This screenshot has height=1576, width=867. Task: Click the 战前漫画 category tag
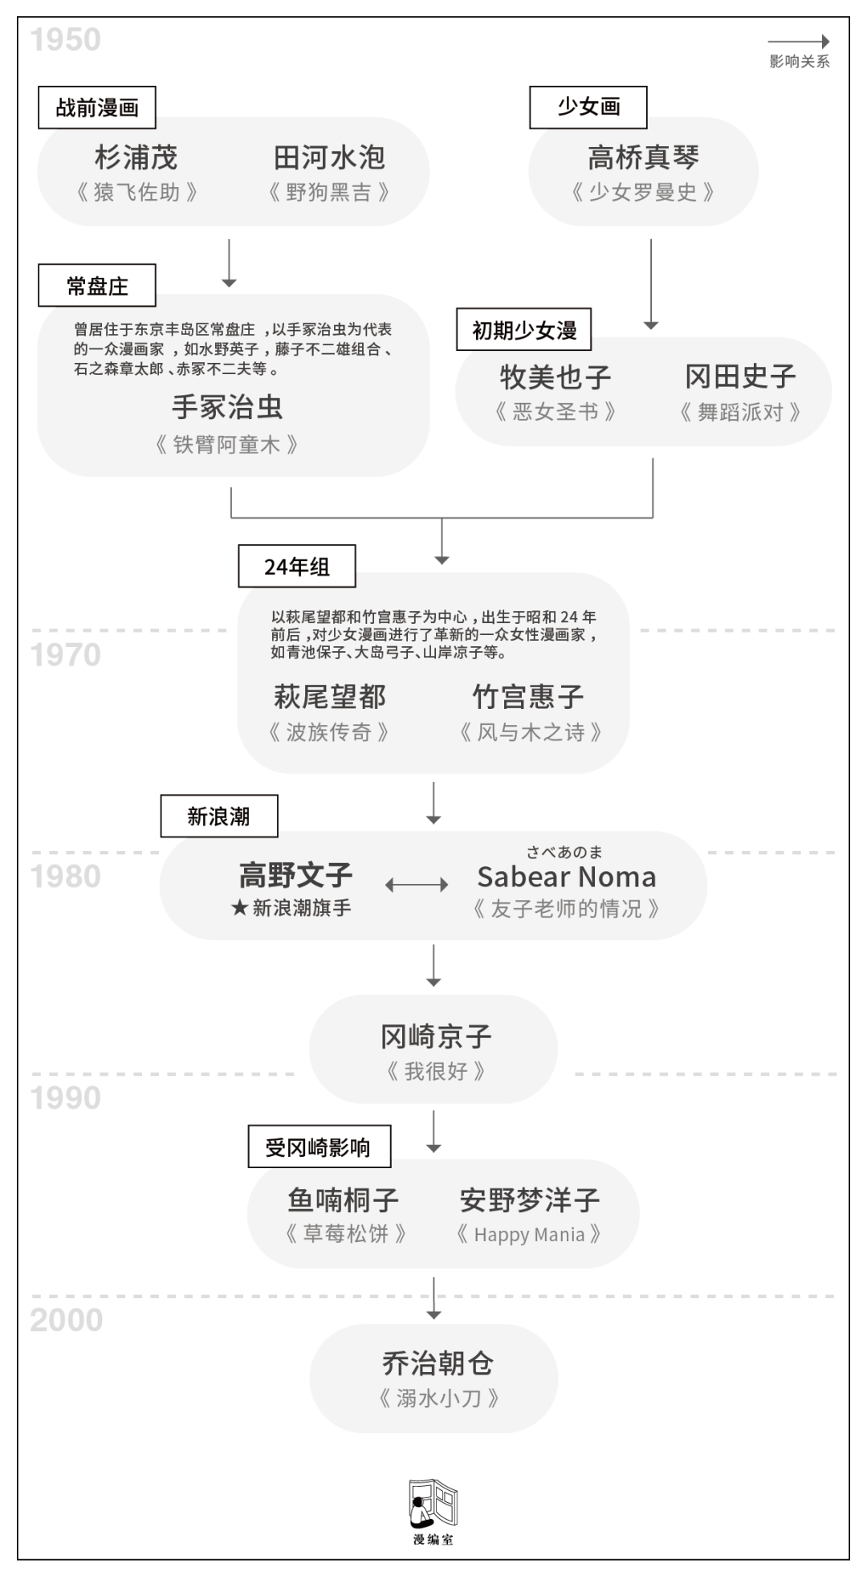[x=97, y=108]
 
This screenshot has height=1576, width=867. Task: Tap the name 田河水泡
[x=329, y=157]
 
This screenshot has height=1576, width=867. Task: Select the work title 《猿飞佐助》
[x=136, y=193]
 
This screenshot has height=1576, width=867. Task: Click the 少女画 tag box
[x=588, y=107]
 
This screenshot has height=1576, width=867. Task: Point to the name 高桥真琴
[x=643, y=157]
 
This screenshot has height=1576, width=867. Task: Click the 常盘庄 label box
[x=97, y=286]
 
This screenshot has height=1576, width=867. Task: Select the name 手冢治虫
[x=228, y=407]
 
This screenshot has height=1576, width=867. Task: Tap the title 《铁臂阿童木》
[x=227, y=444]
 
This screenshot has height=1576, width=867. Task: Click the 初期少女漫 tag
[x=523, y=330]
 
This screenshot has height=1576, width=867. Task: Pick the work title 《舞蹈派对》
[x=740, y=413]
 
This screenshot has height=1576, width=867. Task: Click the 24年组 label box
[x=297, y=567]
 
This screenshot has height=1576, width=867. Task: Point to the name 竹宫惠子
[x=528, y=696]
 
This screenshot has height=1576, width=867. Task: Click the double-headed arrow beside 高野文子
[x=417, y=885]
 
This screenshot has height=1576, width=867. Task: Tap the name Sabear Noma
[x=567, y=877]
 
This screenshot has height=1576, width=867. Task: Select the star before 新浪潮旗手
[x=239, y=908]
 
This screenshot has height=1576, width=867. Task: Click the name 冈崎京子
[x=436, y=1036]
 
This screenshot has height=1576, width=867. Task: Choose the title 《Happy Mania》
[x=529, y=1234]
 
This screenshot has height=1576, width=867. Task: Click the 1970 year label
[x=66, y=655]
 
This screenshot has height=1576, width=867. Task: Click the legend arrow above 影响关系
[x=799, y=42]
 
